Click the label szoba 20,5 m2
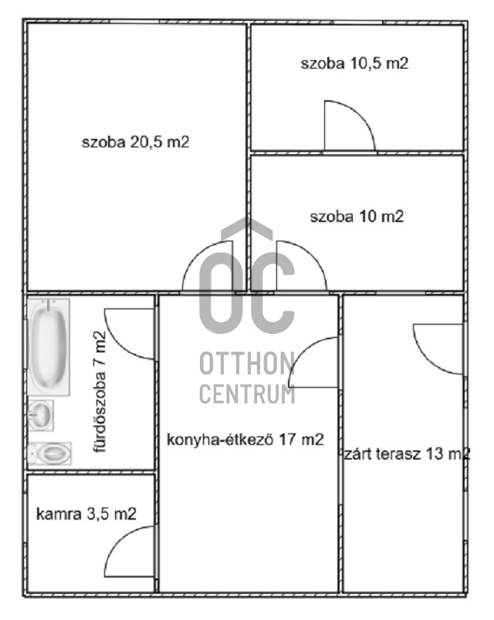tap(136, 143)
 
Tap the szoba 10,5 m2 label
tap(354, 64)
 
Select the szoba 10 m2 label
tap(357, 217)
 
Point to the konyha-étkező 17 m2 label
tap(245, 440)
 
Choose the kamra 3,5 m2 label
tap(86, 514)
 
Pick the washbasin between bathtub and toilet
tap(42, 416)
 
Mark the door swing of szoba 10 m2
tap(298, 268)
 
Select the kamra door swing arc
tap(130, 553)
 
